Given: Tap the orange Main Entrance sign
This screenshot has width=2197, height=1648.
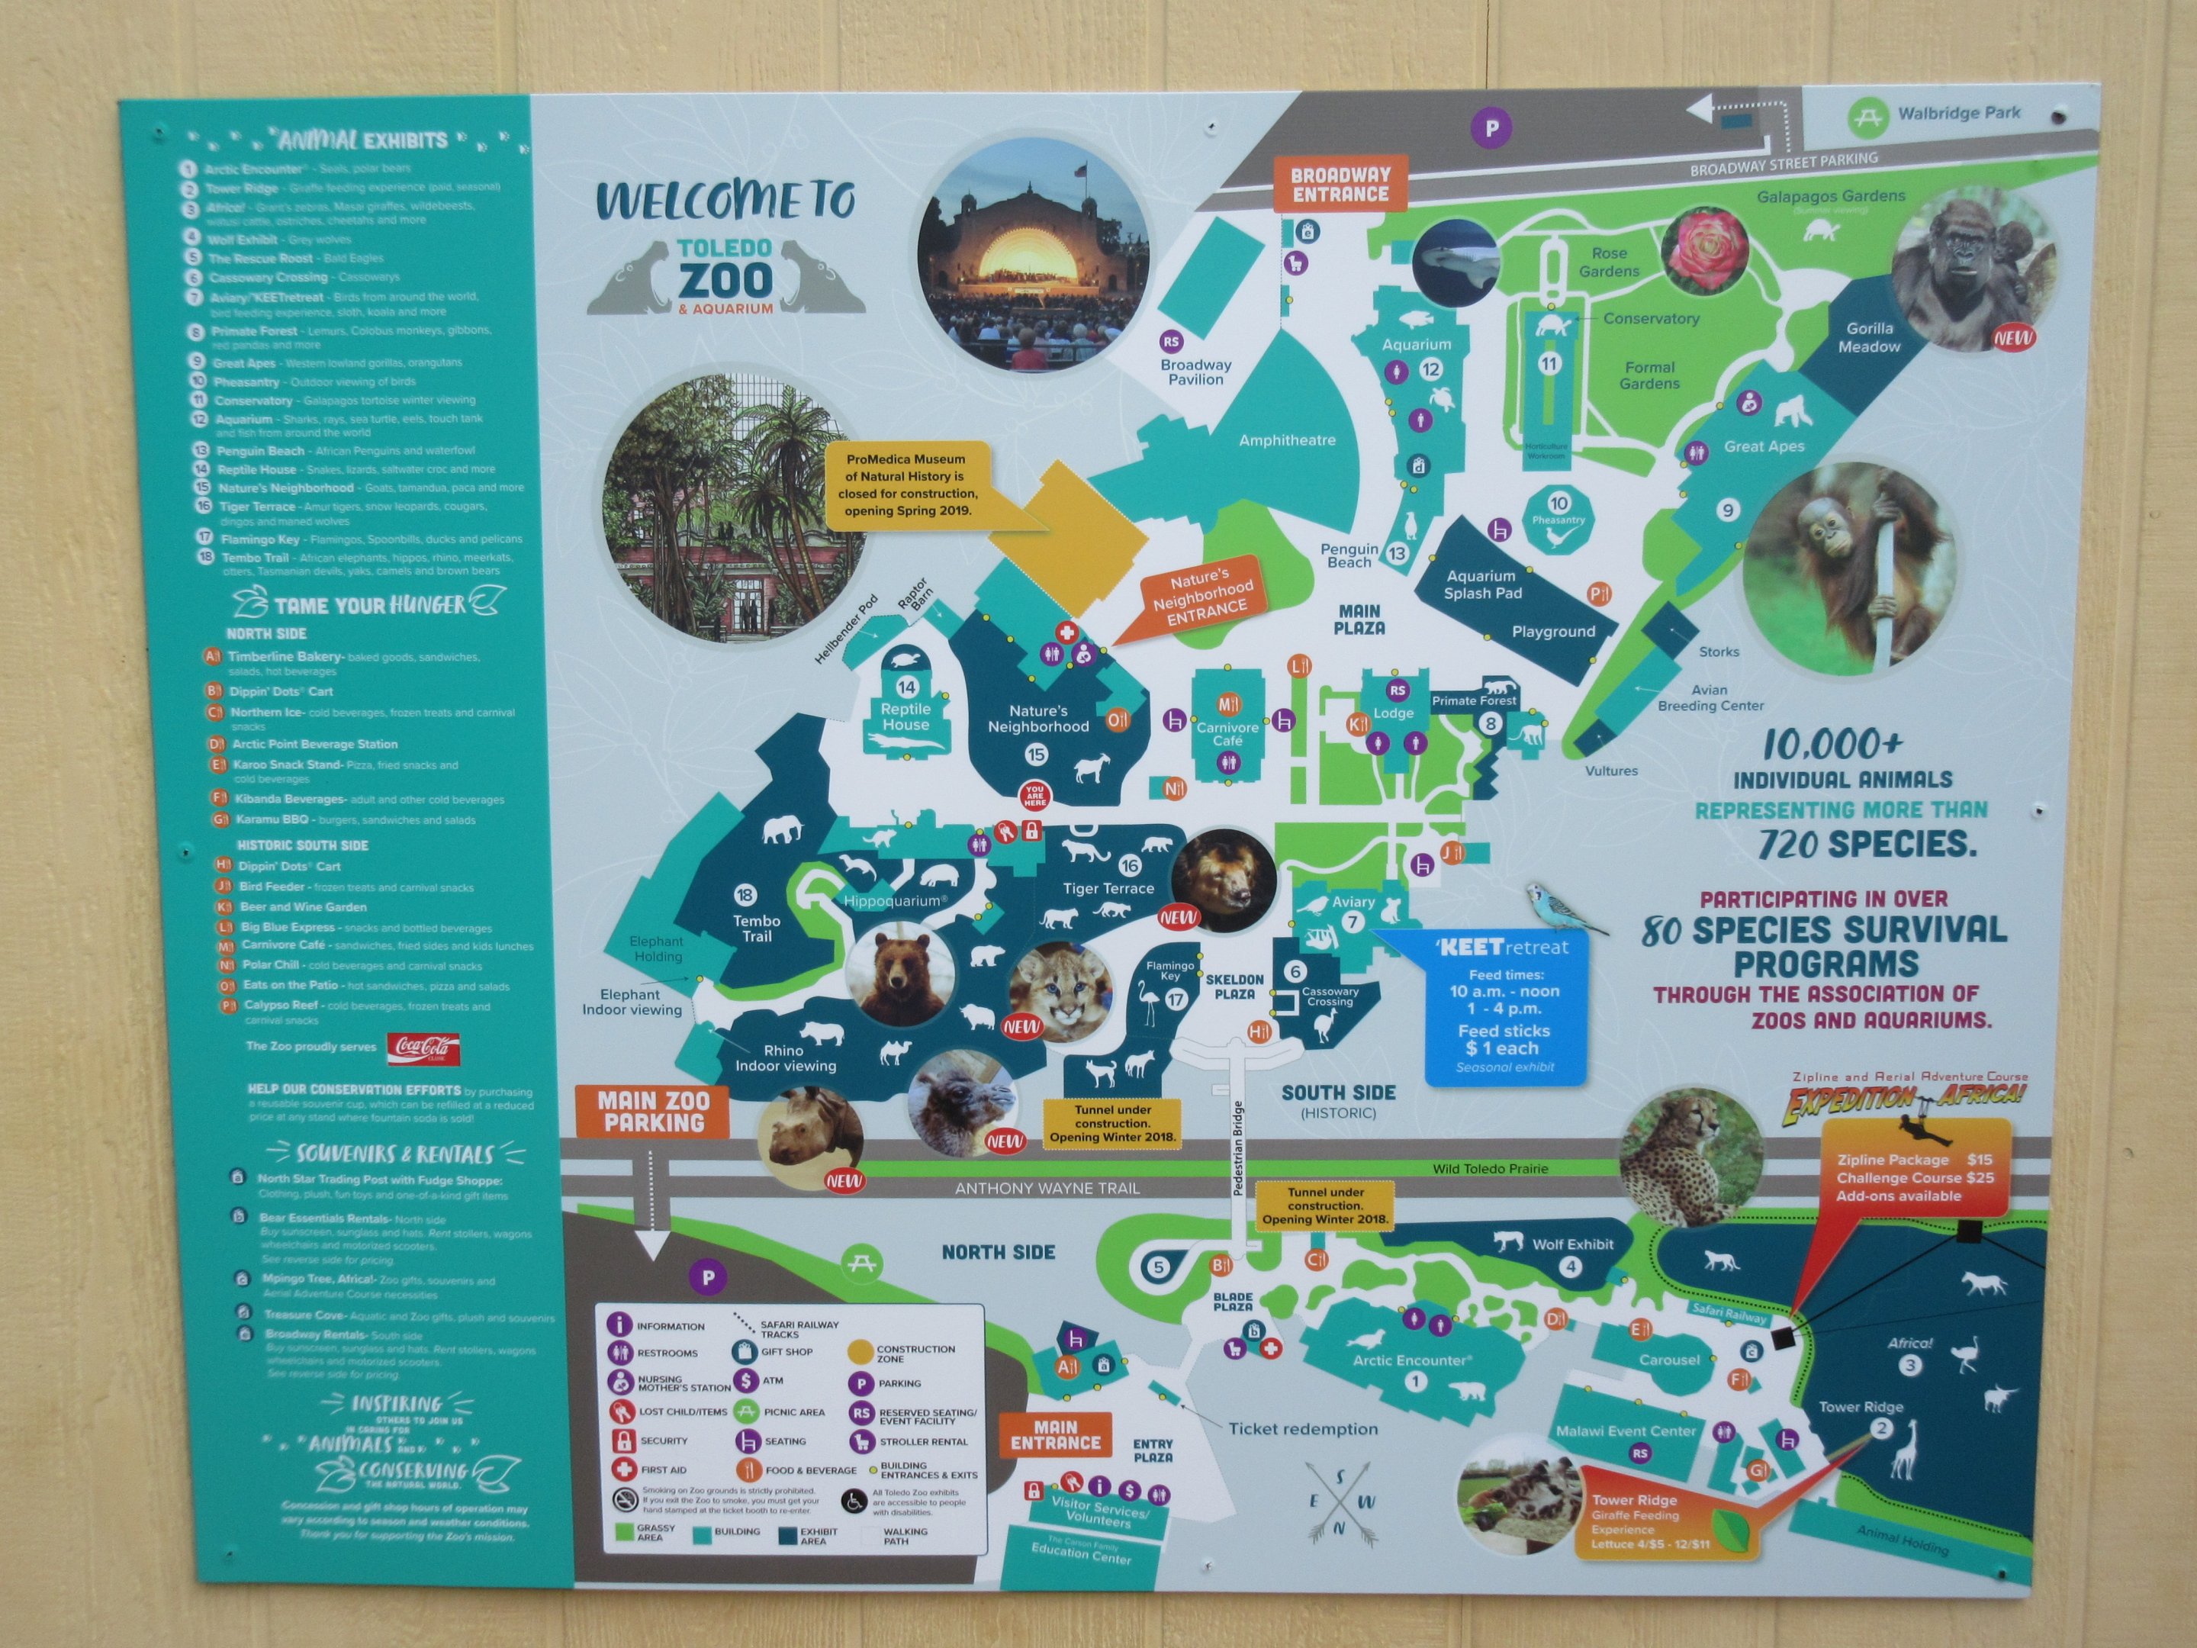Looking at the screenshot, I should (x=1055, y=1434).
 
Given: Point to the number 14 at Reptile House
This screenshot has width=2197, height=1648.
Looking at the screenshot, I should (x=905, y=687).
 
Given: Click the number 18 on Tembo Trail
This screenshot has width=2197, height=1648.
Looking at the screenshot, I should (x=745, y=896).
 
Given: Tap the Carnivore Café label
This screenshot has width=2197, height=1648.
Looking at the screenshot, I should (x=1227, y=734).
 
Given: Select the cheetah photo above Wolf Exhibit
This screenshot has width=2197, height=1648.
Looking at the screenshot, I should (x=1690, y=1158).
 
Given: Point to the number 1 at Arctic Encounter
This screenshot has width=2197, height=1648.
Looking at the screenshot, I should (x=1415, y=1381).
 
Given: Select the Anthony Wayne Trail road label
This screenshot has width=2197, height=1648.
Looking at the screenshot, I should (x=1047, y=1188).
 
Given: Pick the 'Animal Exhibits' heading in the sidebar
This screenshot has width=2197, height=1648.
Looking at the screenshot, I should (x=362, y=140).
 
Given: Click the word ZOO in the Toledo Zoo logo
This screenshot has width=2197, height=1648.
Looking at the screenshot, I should (x=724, y=280).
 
